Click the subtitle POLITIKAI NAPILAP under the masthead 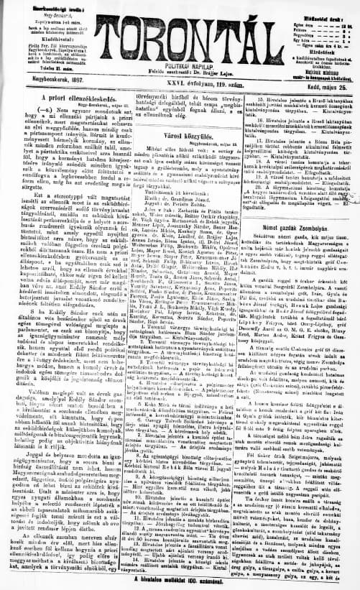click(180, 63)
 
